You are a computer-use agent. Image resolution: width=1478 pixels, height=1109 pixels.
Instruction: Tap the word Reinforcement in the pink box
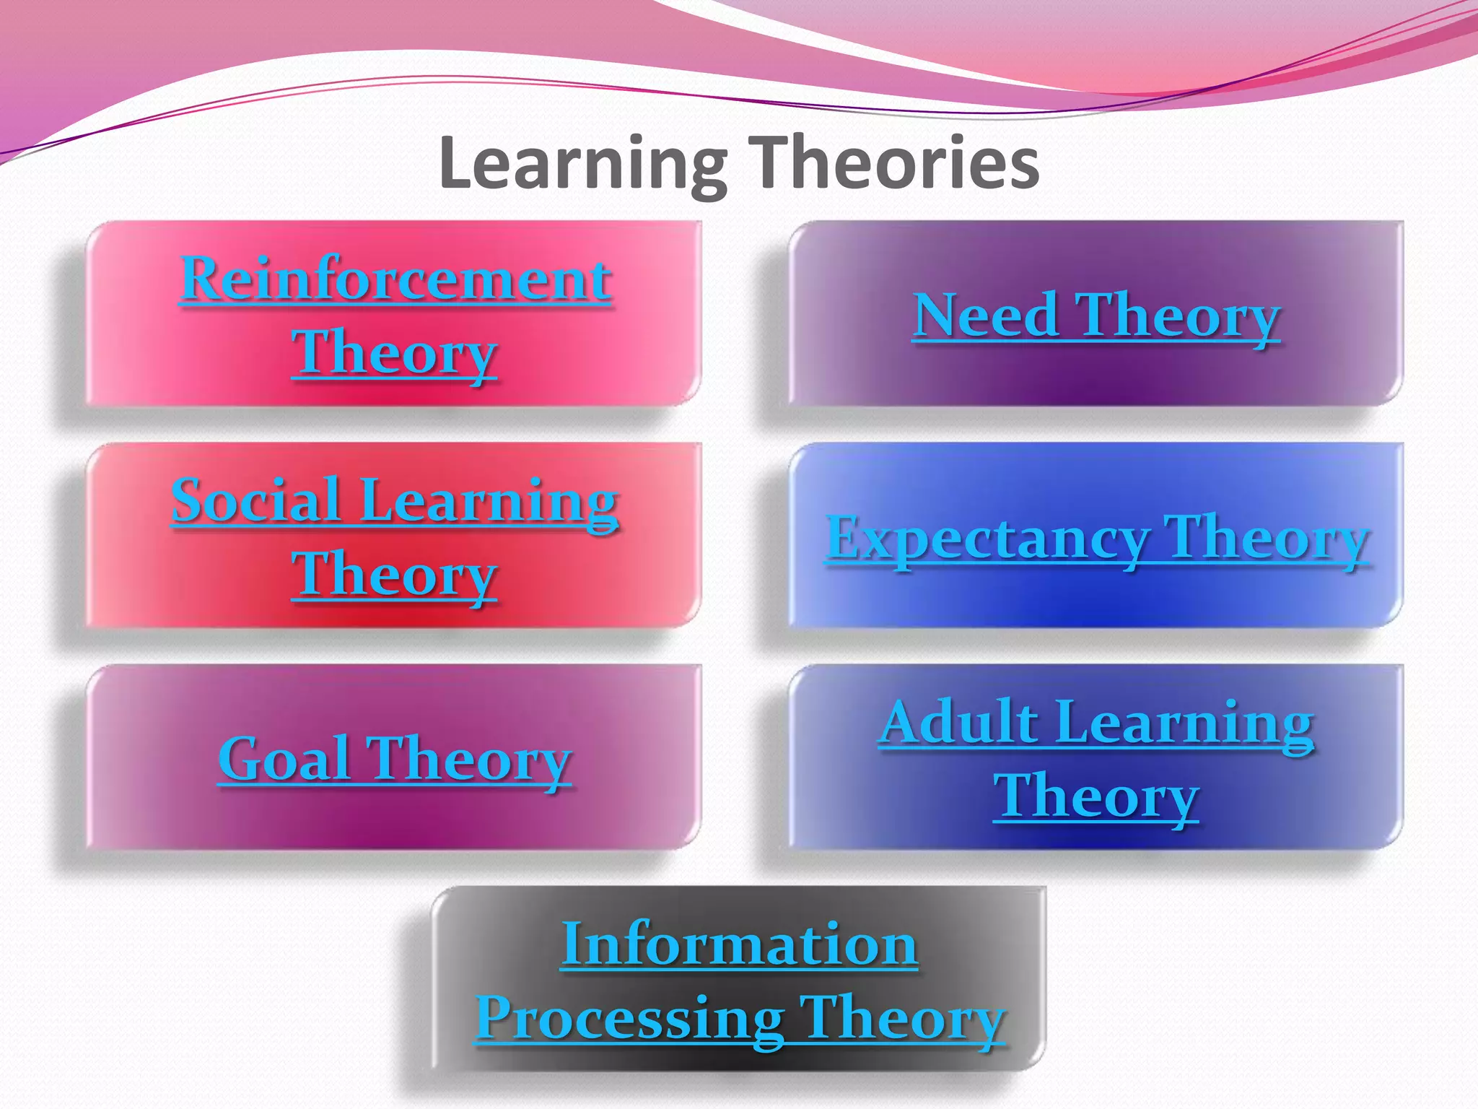click(x=395, y=279)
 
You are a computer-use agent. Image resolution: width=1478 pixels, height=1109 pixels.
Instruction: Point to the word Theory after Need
click(x=1178, y=317)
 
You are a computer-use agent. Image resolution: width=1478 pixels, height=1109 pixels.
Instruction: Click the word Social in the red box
click(x=256, y=500)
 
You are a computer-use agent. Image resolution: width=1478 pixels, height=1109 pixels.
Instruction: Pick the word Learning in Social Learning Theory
click(x=489, y=503)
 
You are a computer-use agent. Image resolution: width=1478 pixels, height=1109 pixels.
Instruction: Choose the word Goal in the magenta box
click(x=284, y=759)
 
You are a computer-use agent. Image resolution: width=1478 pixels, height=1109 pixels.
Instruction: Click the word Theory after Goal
click(x=470, y=760)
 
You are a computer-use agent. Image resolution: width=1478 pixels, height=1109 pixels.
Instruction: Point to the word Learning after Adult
click(x=1184, y=724)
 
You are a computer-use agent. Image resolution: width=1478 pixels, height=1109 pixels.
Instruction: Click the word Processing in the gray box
click(x=629, y=1019)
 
